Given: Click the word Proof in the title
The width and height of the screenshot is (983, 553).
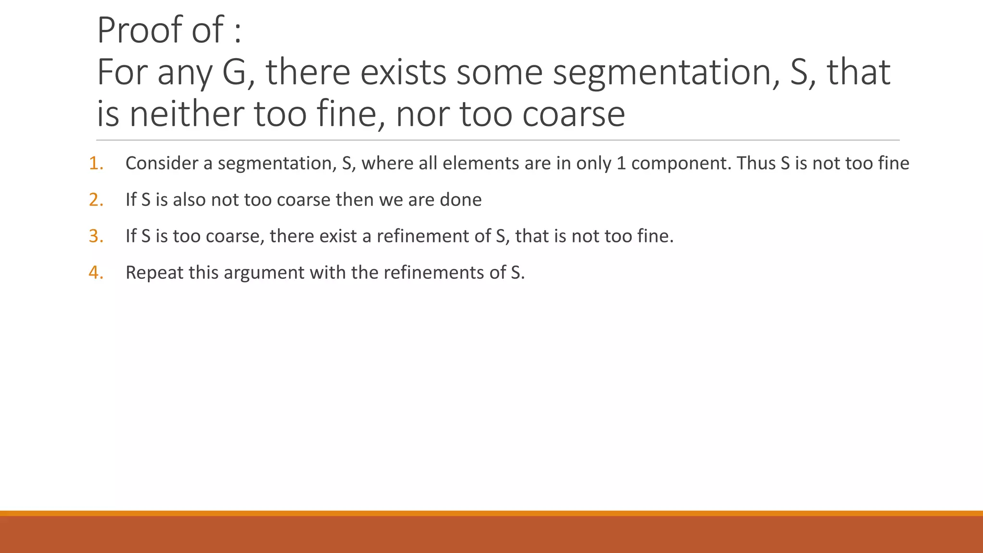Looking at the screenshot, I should (x=139, y=30).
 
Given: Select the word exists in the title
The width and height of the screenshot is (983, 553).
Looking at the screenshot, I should (x=403, y=72).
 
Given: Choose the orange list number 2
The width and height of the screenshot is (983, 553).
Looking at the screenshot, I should (x=96, y=200).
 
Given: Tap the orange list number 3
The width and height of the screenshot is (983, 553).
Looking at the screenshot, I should (x=96, y=237).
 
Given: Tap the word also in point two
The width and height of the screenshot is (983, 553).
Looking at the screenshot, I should (x=189, y=200).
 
